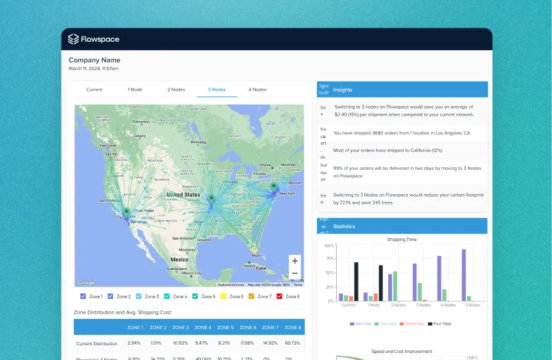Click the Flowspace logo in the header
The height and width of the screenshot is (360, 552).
tap(93, 39)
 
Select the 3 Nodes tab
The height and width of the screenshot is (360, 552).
tap(217, 89)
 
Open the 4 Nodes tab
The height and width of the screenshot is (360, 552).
tap(258, 89)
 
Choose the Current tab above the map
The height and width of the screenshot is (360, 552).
tap(94, 89)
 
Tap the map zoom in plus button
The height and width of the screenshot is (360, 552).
tap(294, 261)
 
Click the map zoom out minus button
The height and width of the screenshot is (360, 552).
tap(294, 273)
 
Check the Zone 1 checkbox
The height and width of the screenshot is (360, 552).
tap(83, 296)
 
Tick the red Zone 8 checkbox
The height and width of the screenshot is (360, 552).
tap(280, 296)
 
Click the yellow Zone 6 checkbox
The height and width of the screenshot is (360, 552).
tap(224, 296)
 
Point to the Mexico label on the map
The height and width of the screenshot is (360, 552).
tap(179, 260)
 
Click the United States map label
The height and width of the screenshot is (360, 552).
tap(183, 194)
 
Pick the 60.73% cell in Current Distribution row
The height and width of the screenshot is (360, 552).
tap(292, 343)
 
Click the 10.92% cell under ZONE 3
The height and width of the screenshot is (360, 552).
tap(181, 343)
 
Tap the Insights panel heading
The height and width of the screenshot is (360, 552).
tap(343, 90)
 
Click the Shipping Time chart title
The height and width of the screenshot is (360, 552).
tap(402, 239)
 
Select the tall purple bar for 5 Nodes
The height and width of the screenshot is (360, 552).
tap(463, 275)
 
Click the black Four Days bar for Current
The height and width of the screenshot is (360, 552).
tap(356, 282)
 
